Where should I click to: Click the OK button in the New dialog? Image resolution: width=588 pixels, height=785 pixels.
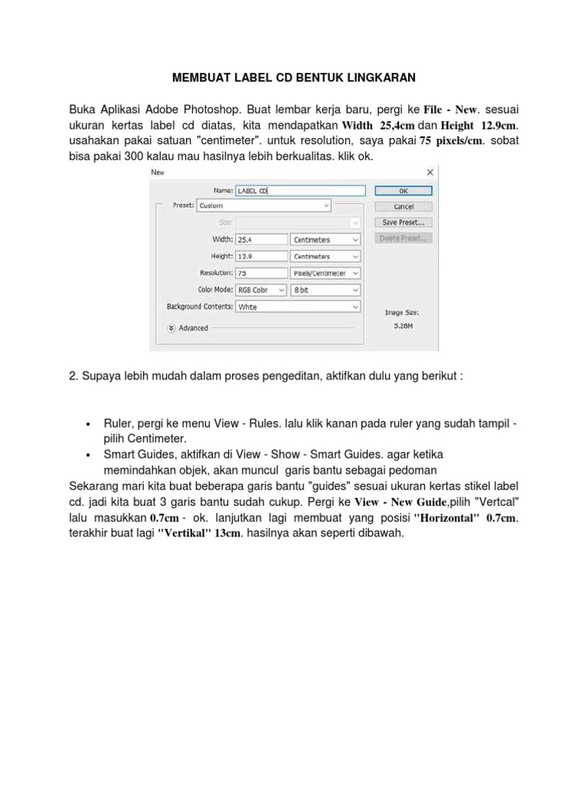pyautogui.click(x=403, y=191)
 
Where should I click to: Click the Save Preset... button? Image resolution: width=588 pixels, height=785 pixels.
pyautogui.click(x=403, y=222)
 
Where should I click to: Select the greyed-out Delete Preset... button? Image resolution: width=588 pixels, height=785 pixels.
pyautogui.click(x=403, y=238)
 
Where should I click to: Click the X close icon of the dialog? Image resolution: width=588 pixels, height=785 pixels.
pyautogui.click(x=430, y=172)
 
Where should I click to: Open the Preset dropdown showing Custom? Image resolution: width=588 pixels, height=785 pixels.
pyautogui.click(x=263, y=205)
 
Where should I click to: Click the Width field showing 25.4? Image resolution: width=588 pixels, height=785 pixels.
pyautogui.click(x=260, y=239)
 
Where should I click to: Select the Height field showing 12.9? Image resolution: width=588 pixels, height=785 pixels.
pyautogui.click(x=260, y=256)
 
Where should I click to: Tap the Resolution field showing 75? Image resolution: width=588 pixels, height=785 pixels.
pyautogui.click(x=260, y=273)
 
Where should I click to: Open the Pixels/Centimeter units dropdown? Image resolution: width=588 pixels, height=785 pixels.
pyautogui.click(x=325, y=273)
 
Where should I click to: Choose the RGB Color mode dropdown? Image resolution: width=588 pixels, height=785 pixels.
pyautogui.click(x=260, y=290)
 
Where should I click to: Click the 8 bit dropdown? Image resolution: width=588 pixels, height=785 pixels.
pyautogui.click(x=325, y=290)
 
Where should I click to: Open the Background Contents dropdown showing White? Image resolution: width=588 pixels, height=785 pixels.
pyautogui.click(x=298, y=307)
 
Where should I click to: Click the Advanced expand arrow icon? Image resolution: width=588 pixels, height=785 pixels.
pyautogui.click(x=170, y=327)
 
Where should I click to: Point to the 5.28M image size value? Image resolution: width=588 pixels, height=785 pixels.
pyautogui.click(x=402, y=325)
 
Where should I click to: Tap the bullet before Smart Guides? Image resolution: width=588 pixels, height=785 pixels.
pyautogui.click(x=88, y=455)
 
